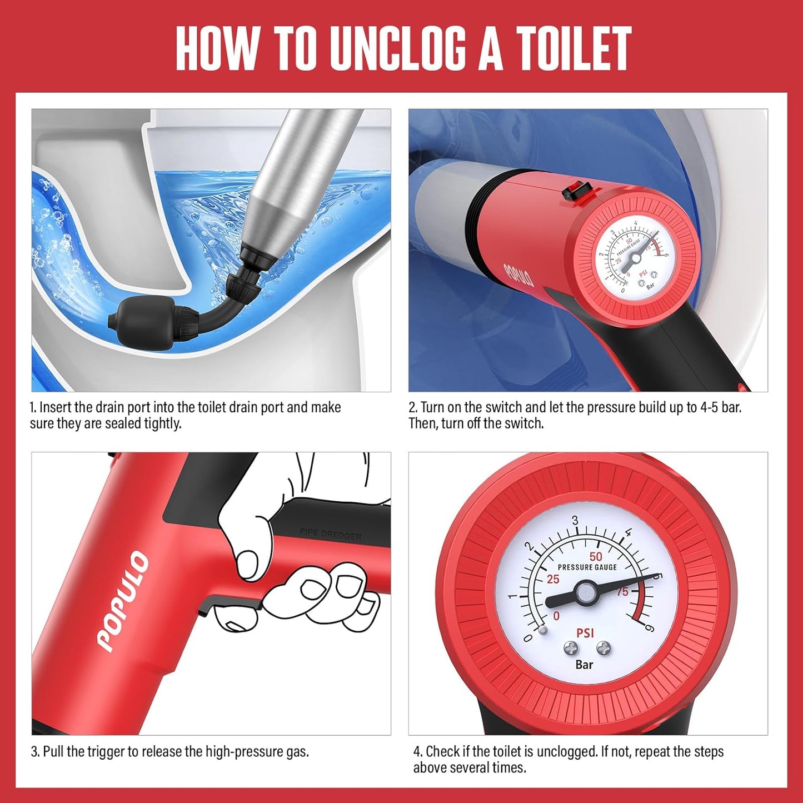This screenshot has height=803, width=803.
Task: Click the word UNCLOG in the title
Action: (x=398, y=49)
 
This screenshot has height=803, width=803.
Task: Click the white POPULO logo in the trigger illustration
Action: (x=123, y=600)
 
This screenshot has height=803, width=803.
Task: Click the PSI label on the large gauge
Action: (x=585, y=633)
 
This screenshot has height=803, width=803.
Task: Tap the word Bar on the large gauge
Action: (x=584, y=664)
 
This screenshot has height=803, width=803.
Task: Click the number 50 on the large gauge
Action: (x=596, y=556)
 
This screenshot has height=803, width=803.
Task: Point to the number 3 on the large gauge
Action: (x=575, y=521)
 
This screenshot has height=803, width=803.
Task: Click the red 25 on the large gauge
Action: (x=553, y=579)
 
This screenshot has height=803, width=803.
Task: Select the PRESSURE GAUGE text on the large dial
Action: (x=587, y=567)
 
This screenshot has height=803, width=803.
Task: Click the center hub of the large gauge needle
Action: (x=585, y=593)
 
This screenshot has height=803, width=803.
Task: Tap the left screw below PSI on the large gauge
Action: (x=571, y=647)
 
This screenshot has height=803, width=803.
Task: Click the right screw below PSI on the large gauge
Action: (x=604, y=647)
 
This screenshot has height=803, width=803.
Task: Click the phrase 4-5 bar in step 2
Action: (x=714, y=407)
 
